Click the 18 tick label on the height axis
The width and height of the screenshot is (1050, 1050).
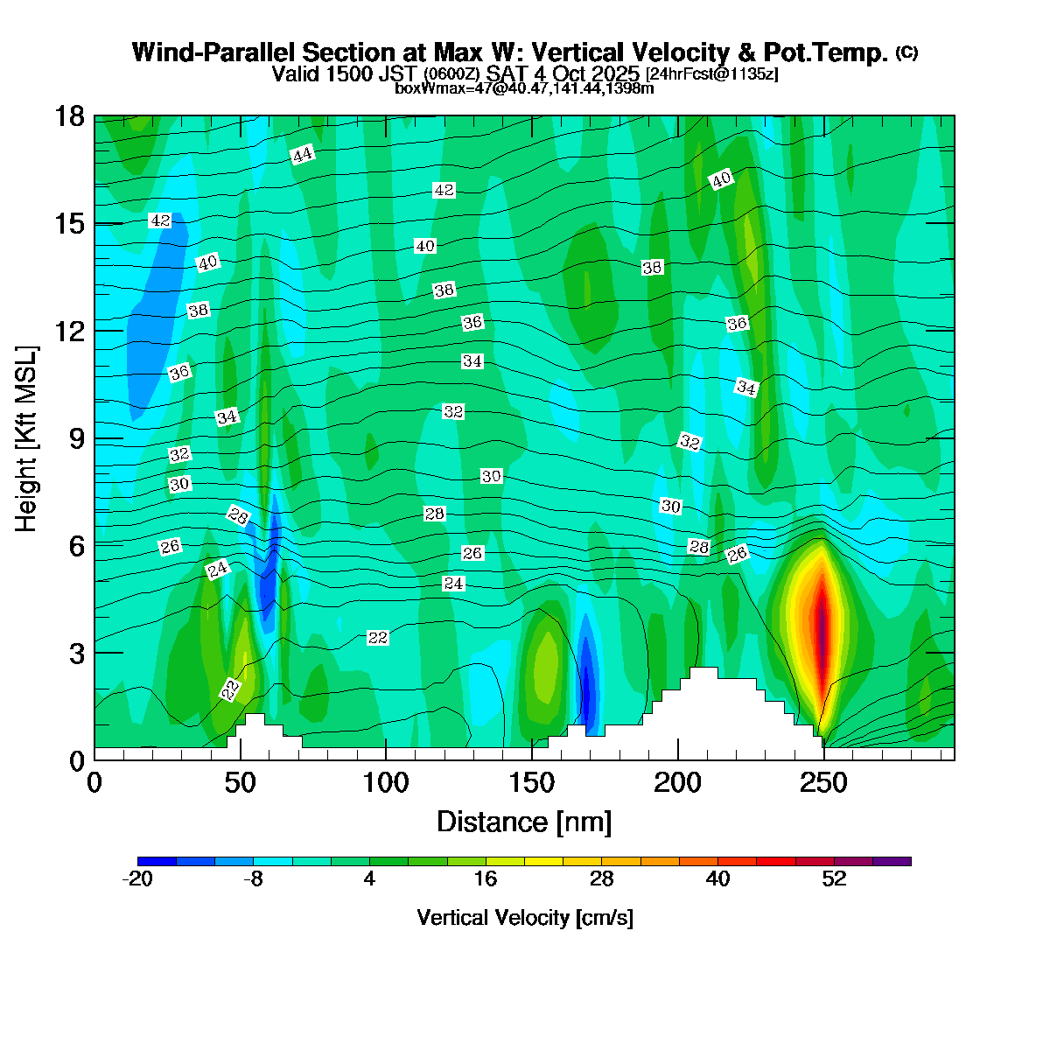[x=70, y=116]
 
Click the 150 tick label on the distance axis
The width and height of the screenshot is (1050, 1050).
[x=532, y=782]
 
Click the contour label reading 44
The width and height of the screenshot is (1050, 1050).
[x=302, y=156]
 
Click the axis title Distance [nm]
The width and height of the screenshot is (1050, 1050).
[x=524, y=822]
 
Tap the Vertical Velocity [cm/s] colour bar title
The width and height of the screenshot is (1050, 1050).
[x=525, y=918]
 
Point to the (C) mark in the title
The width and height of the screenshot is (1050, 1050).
[x=906, y=52]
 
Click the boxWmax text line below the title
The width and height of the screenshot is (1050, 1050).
[x=524, y=88]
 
